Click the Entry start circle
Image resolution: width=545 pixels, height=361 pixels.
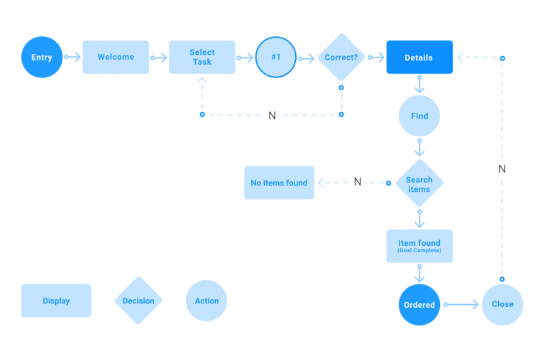[x=42, y=57]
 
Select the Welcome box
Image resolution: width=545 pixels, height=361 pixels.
[x=116, y=57]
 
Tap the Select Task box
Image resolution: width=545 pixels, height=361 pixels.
[x=202, y=57]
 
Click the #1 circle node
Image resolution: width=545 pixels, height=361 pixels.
[x=276, y=57]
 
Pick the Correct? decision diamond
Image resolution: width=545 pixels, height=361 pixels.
[x=341, y=57]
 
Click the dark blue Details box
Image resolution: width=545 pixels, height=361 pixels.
[x=419, y=57]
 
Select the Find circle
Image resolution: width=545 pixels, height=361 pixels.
[x=419, y=116]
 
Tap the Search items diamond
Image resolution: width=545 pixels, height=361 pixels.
[x=419, y=184]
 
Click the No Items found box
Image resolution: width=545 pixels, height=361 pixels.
[x=279, y=183]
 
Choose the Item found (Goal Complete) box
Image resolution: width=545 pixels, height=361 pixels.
[x=419, y=246]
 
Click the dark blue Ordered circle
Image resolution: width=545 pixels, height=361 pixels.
[x=419, y=305]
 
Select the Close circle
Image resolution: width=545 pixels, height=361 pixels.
[x=502, y=304]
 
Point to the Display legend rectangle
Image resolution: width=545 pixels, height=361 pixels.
[x=56, y=301]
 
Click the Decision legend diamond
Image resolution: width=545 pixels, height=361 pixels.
[x=138, y=301]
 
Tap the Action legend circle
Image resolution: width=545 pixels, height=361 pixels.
[x=207, y=301]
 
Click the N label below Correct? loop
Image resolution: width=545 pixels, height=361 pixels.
[x=272, y=115]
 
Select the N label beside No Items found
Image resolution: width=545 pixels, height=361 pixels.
[x=358, y=183]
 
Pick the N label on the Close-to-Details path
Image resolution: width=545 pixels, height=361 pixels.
[x=502, y=168]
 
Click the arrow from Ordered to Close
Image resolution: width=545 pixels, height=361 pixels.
[x=461, y=304]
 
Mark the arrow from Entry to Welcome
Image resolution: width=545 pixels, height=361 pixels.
[x=72, y=57]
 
